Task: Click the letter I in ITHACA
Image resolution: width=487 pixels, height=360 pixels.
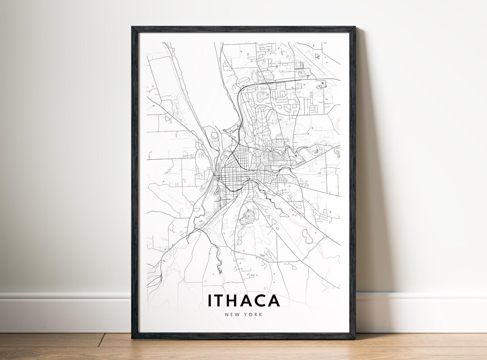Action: [x=210, y=300]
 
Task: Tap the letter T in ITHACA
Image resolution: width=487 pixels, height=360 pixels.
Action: [x=220, y=300]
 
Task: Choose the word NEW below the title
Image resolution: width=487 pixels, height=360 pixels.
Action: [x=231, y=314]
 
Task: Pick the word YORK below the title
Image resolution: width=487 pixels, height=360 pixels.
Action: [x=254, y=314]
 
